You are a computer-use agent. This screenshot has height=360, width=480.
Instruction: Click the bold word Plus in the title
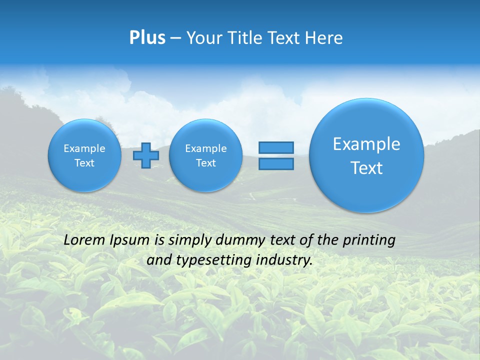pos(147,38)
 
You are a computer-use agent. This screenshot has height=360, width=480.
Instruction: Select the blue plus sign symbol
pos(145,155)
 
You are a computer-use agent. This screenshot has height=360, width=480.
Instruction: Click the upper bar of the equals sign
pos(275,147)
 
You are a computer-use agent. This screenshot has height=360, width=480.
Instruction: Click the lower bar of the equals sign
pos(275,163)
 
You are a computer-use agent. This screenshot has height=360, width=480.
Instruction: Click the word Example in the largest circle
pos(366,144)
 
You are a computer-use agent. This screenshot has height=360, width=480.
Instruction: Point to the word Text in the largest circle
pos(366,168)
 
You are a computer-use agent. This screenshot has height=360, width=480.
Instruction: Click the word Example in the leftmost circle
pos(84,148)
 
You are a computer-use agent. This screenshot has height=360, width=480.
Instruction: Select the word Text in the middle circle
pos(205,163)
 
